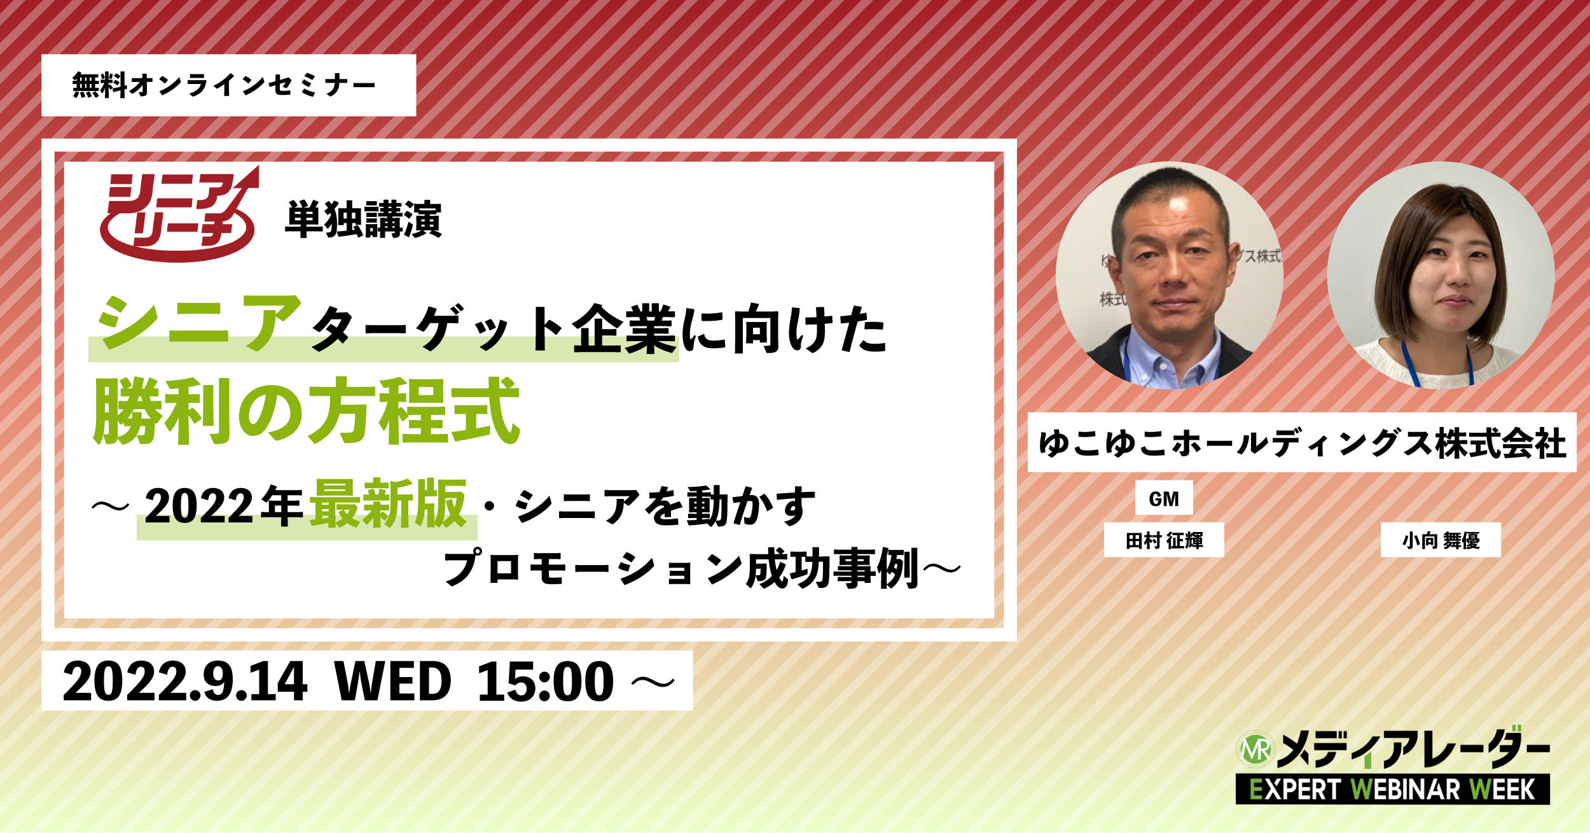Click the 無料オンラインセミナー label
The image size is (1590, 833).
coord(224,85)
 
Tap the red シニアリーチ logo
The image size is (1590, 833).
coord(179,214)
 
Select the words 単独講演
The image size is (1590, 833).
coord(364,220)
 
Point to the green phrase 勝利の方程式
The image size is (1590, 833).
coord(307,410)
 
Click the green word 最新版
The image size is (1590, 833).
coord(389,504)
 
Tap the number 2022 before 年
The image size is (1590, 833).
coord(199,507)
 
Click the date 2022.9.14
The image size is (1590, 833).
coord(185,682)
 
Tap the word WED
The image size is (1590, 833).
coord(392,682)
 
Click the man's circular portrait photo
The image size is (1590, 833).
coord(1169,276)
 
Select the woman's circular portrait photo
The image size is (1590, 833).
coord(1441,276)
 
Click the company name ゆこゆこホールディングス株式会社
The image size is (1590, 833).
coord(1303,443)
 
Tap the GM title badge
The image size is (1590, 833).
coord(1164,498)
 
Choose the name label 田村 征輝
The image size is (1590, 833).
coord(1164,540)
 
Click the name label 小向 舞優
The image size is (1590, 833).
coord(1441,540)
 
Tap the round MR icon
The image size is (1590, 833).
coord(1255,749)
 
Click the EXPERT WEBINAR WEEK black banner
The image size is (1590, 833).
coord(1393,790)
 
